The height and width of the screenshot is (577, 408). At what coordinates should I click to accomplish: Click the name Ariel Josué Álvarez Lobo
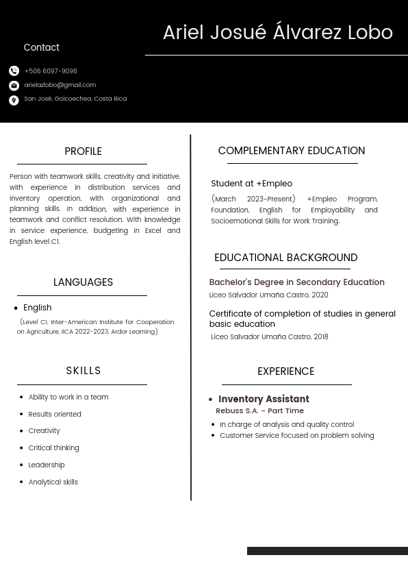(277, 33)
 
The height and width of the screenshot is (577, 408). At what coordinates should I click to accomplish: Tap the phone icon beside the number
(14, 71)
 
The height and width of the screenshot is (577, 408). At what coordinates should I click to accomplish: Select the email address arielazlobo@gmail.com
(60, 85)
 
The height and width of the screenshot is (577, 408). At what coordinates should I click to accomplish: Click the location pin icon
(14, 100)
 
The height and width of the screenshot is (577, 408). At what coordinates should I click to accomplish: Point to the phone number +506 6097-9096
(51, 71)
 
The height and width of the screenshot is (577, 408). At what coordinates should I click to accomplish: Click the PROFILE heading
(83, 151)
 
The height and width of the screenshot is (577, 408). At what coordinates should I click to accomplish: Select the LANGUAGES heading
(83, 282)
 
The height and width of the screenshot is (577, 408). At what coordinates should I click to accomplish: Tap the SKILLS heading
(84, 371)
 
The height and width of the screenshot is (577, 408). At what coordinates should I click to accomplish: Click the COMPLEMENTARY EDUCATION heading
(291, 151)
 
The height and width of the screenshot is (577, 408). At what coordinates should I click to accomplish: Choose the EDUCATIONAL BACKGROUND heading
(285, 258)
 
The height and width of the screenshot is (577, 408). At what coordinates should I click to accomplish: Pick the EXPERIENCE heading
(285, 371)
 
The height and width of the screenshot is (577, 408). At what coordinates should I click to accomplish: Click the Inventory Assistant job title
(264, 399)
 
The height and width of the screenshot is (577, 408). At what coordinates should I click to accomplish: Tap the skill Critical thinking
(53, 448)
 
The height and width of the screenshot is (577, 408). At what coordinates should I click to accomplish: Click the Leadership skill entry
(47, 465)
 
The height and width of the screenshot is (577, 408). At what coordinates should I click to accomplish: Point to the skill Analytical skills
(53, 482)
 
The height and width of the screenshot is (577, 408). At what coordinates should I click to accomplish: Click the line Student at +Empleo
(251, 184)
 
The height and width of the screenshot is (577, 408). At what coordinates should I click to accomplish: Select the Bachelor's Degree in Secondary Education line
(296, 282)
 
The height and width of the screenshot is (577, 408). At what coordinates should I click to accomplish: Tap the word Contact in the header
(41, 48)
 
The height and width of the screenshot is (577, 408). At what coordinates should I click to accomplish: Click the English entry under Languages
(37, 308)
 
